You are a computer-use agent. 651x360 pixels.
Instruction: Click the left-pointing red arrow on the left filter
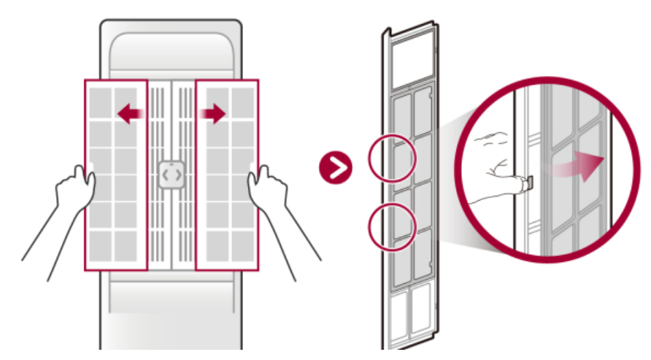pos(130,113)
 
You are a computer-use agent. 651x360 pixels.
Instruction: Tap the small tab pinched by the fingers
pos(527,183)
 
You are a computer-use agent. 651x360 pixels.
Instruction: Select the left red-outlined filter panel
pos(115,175)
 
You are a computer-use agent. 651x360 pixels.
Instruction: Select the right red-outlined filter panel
pos(227,175)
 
